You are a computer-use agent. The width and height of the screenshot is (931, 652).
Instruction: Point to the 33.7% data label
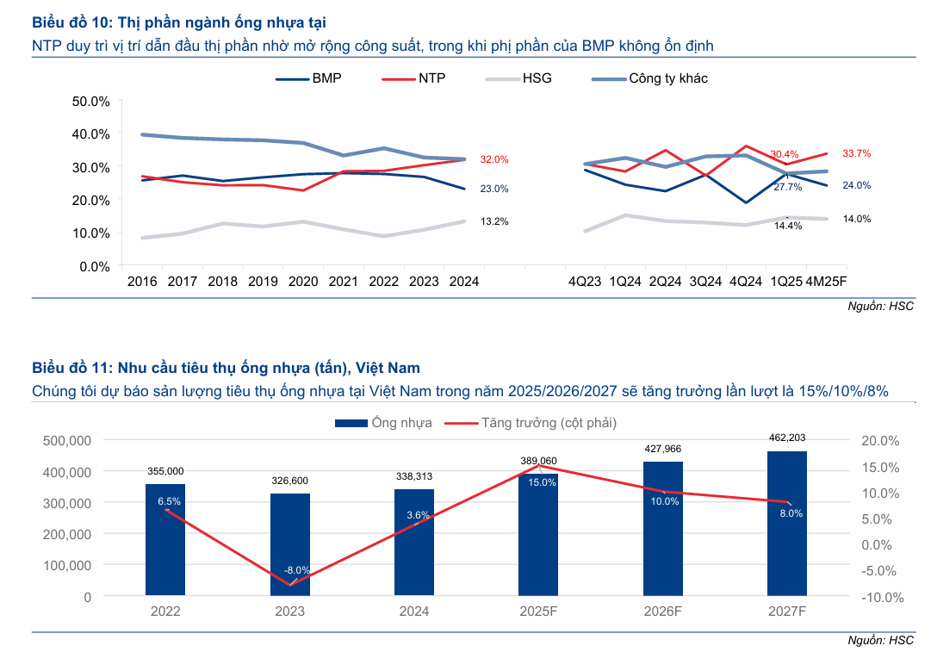[x=856, y=153]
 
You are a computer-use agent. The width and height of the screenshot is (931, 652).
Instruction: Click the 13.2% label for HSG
[x=494, y=221]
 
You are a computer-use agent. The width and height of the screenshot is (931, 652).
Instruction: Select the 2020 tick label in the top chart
[x=303, y=282]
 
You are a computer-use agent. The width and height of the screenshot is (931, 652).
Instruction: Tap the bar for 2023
[x=290, y=544]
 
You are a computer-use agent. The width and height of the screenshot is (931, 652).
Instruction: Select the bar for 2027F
[x=787, y=523]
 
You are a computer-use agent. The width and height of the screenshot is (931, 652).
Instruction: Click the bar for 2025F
[x=538, y=534]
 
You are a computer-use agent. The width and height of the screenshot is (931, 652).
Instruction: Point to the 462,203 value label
[x=787, y=438]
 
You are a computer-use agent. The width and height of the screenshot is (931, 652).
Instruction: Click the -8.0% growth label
[x=297, y=570]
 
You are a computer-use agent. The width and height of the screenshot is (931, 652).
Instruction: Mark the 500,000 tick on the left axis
[x=67, y=440]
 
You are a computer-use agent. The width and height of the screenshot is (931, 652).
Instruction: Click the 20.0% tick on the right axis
[x=880, y=441]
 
